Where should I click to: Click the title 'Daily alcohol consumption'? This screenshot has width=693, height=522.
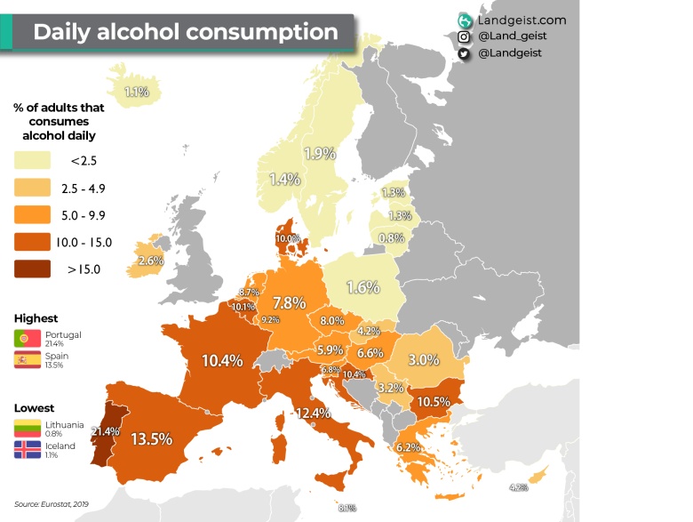click(x=186, y=32)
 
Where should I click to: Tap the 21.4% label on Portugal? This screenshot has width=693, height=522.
click(x=105, y=431)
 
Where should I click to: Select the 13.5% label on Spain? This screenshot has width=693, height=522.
click(x=151, y=438)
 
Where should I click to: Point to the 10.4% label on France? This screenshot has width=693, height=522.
click(x=222, y=361)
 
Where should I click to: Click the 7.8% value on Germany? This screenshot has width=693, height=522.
click(x=289, y=302)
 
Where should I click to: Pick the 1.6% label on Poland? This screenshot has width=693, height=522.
click(x=362, y=287)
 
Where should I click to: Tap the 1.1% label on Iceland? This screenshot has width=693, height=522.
click(x=137, y=92)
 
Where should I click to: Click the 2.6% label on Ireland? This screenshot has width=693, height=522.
click(x=151, y=261)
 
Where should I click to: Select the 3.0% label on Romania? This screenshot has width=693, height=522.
click(x=422, y=359)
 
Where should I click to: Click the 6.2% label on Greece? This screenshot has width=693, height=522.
click(x=408, y=446)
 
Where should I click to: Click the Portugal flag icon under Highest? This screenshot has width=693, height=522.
click(x=23, y=339)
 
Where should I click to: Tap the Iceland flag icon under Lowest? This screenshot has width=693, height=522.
click(x=23, y=449)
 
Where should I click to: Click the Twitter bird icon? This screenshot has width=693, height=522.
click(x=464, y=53)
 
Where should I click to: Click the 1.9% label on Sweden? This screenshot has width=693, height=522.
click(x=318, y=153)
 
